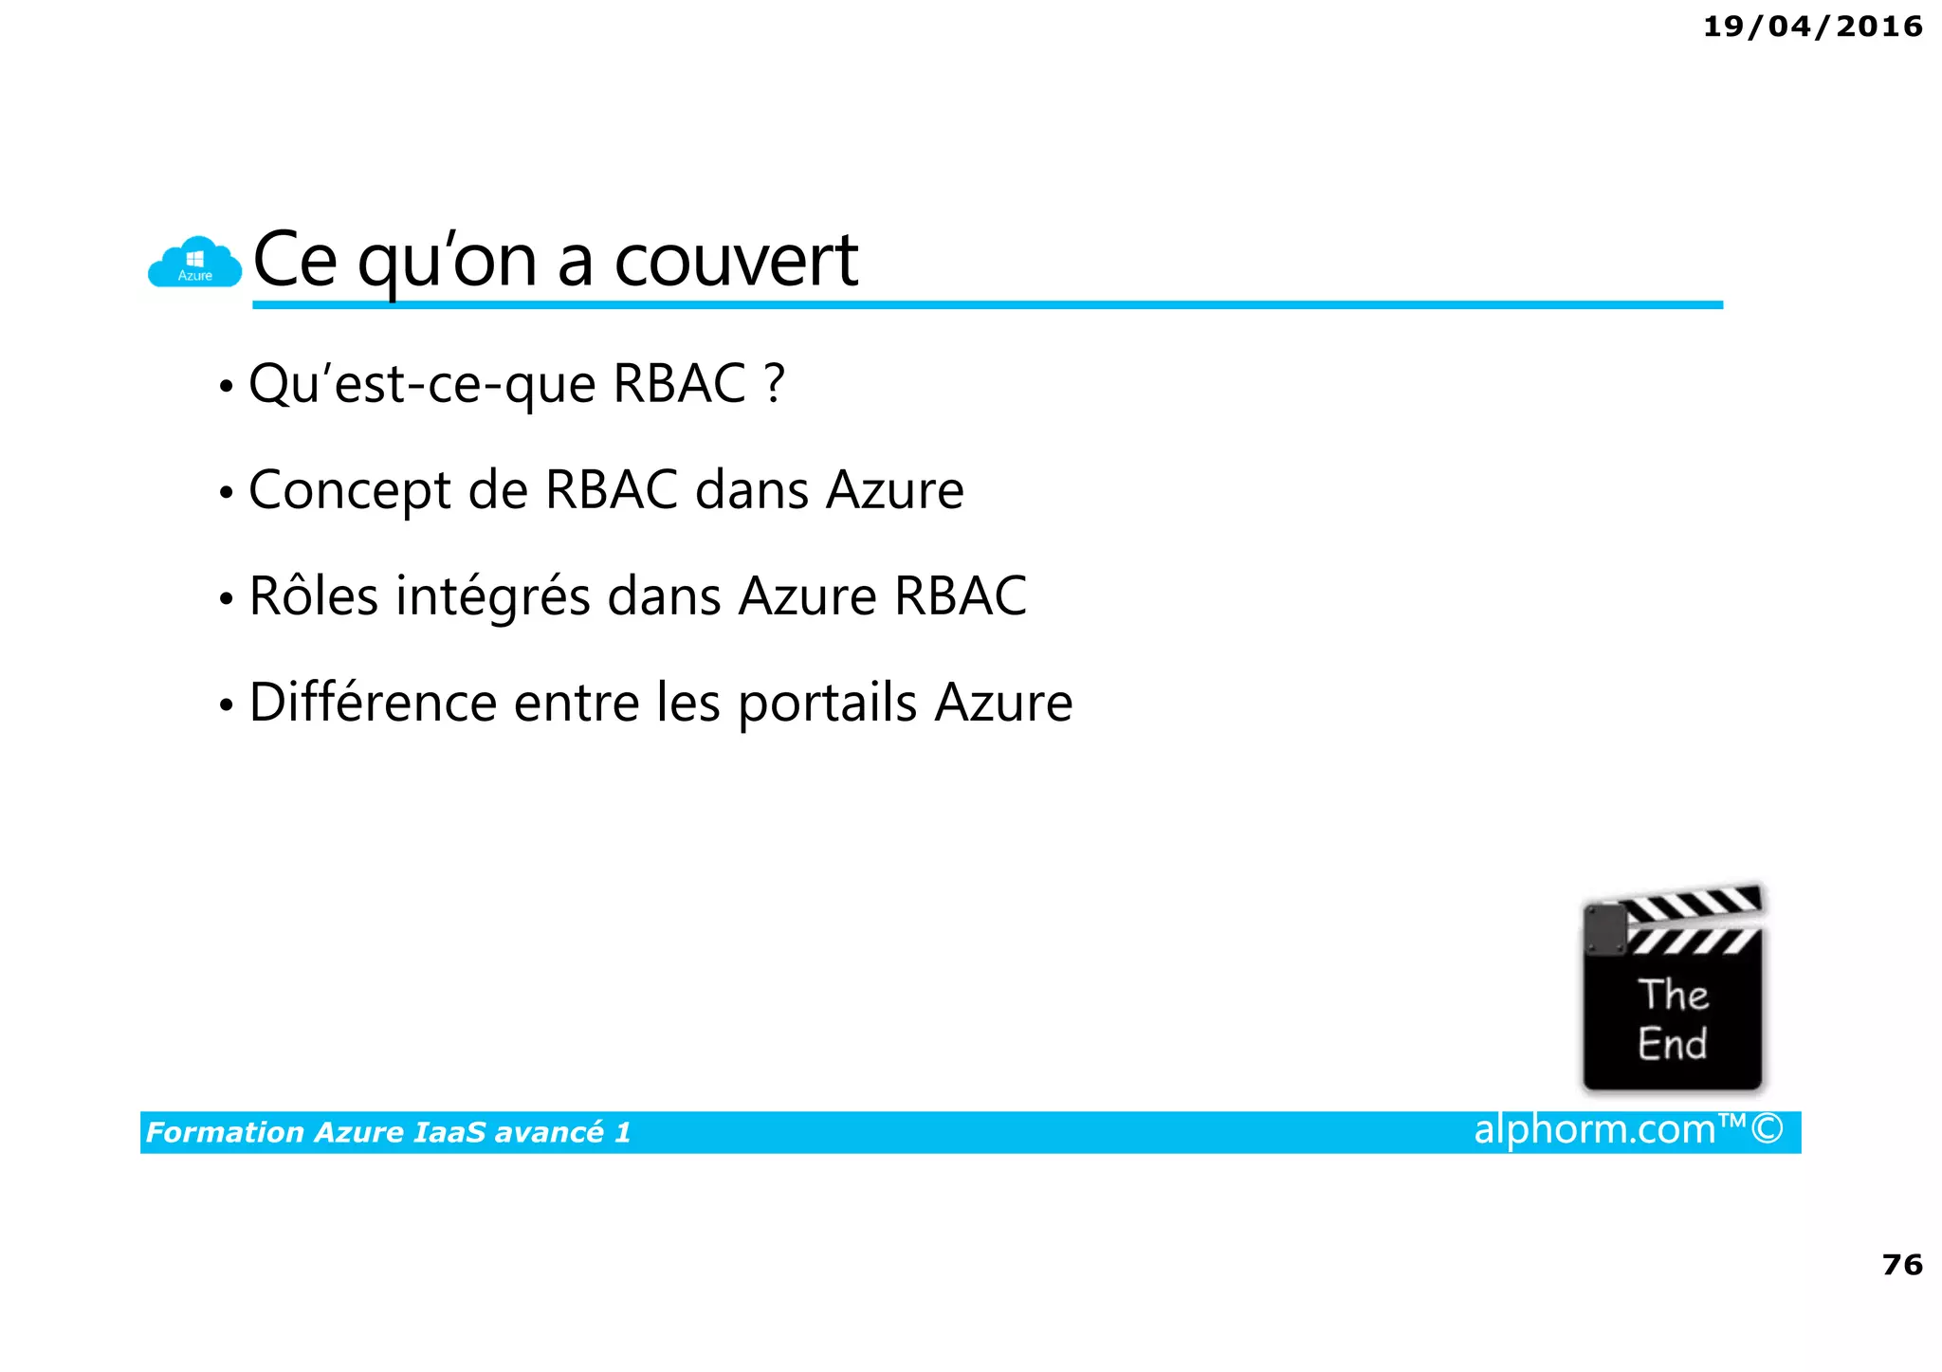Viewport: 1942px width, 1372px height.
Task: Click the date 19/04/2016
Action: [x=1812, y=27]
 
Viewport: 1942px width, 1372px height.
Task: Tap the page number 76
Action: [x=1901, y=1264]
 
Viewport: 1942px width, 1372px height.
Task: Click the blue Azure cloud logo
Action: [x=194, y=263]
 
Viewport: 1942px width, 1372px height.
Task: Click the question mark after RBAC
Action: [x=775, y=383]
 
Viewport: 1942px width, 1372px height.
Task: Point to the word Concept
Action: [x=349, y=490]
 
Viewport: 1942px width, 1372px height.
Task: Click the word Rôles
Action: [x=313, y=596]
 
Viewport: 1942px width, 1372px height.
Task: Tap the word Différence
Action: [x=373, y=703]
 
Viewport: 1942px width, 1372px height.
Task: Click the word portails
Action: [x=827, y=704]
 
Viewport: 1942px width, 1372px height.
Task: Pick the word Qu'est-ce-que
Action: [x=422, y=385]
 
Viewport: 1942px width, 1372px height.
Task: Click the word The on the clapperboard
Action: [x=1673, y=995]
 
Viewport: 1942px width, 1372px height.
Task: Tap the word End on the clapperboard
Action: [x=1672, y=1043]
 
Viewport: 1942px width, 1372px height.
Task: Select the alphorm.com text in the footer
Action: [x=1594, y=1129]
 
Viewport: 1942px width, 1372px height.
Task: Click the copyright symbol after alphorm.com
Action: [x=1767, y=1129]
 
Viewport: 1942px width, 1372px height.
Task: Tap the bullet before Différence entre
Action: [x=226, y=705]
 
